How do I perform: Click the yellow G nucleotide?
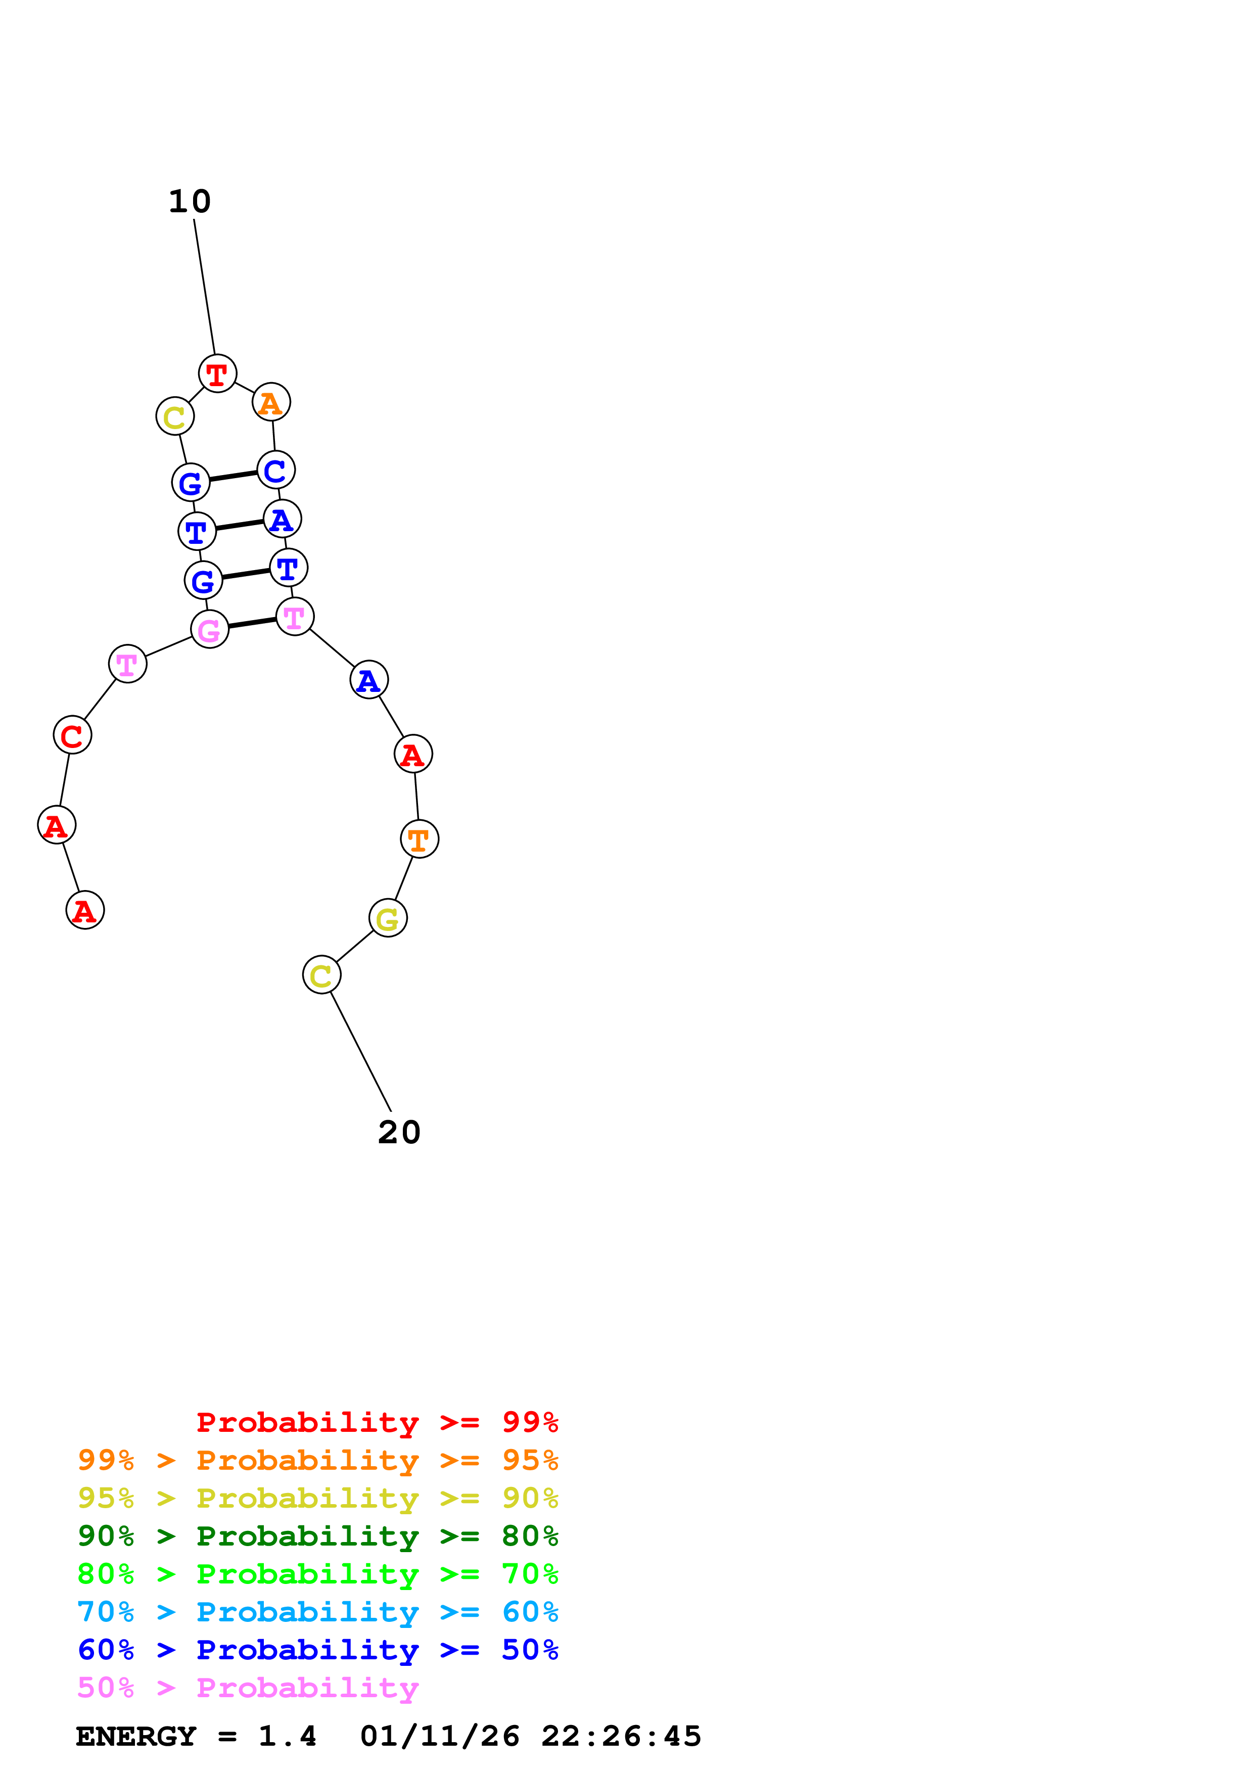(388, 918)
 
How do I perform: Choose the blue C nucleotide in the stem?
(275, 470)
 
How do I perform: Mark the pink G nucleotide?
(209, 630)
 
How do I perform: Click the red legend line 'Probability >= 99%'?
(377, 1422)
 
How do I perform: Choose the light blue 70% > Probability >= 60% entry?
(317, 1612)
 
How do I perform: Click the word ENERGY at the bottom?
(136, 1736)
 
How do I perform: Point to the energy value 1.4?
(287, 1736)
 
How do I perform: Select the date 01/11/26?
(439, 1736)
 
